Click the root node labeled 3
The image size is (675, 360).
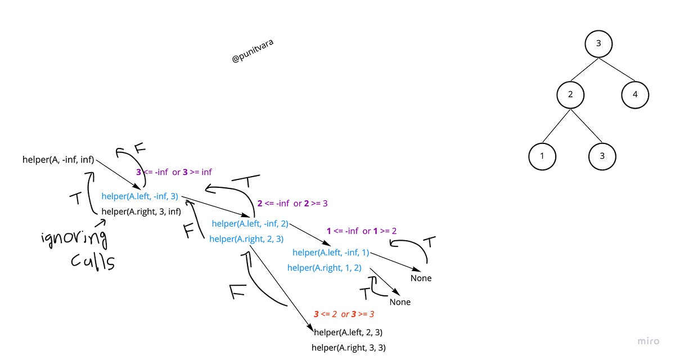[599, 44]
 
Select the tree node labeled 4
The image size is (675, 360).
[635, 94]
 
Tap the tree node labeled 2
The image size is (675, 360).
[570, 94]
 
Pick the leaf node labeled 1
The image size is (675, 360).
[542, 156]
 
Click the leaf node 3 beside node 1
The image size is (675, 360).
[602, 156]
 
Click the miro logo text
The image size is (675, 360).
[649, 341]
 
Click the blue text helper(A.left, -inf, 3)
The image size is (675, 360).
[139, 196]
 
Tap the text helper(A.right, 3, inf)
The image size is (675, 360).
[141, 211]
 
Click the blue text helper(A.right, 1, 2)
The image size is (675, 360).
[324, 268]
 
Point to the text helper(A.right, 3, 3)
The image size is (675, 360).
[349, 348]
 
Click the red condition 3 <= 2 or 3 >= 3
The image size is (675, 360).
[344, 314]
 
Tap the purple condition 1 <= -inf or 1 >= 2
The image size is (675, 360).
[362, 231]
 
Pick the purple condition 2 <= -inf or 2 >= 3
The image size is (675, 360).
[292, 203]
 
